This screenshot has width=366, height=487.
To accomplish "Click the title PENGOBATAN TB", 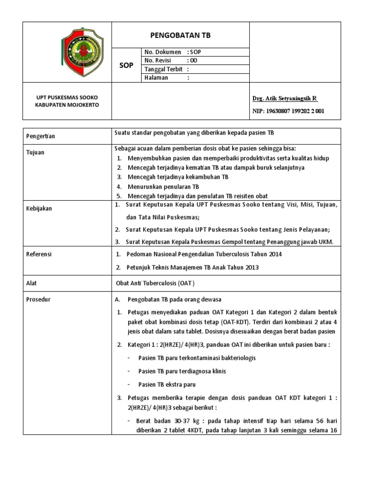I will pyautogui.click(x=180, y=35).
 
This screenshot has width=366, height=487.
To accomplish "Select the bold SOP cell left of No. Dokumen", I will pyautogui.click(x=126, y=65).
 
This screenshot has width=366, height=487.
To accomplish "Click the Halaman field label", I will pyautogui.click(x=156, y=78).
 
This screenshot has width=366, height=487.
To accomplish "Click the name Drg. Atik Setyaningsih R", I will pyautogui.click(x=285, y=98).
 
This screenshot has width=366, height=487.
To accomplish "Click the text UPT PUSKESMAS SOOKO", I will pyautogui.click(x=67, y=97).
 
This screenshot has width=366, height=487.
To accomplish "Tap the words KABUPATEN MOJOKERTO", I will pyautogui.click(x=67, y=105).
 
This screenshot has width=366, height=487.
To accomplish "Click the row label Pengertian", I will pyautogui.click(x=41, y=136).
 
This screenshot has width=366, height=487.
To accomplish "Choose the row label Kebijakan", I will pyautogui.click(x=39, y=208).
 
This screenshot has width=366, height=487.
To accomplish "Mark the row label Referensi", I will pyautogui.click(x=39, y=254).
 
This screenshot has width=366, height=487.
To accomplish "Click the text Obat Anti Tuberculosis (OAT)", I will pyautogui.click(x=156, y=282).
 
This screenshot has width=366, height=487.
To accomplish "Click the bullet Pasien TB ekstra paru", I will pyautogui.click(x=167, y=384).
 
